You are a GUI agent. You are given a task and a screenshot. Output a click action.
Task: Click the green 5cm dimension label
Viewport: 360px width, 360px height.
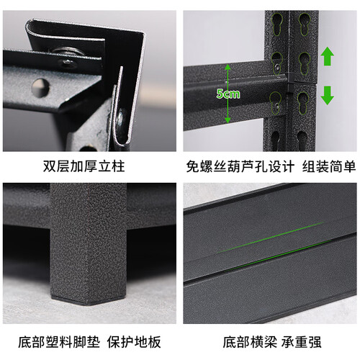coord(228,94)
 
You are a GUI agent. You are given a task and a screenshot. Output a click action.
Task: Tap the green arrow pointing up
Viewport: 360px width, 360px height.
coord(328,56)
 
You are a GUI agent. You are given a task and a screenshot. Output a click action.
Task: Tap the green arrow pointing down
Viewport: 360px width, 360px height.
coord(328,95)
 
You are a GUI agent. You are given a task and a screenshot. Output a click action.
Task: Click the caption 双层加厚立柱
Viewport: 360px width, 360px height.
coord(84,166)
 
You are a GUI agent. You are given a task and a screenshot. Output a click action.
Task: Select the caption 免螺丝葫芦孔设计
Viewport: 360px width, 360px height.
coord(240,166)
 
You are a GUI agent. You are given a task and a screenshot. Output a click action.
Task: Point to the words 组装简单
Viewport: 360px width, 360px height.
coord(329,166)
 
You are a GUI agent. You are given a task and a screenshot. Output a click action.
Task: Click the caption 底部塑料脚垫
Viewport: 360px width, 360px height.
coord(59,342)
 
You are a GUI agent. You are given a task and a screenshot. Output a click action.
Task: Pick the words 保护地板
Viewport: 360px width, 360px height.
coord(134,342)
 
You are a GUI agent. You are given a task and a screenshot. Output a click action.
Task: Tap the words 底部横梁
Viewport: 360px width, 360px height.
coord(250,342)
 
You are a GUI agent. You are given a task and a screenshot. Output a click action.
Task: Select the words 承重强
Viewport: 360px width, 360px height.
coord(301,342)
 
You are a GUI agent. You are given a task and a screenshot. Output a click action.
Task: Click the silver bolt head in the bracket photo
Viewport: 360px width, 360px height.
coord(66,59)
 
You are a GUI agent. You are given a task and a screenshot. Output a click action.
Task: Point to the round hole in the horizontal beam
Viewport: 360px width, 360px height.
coord(40,87)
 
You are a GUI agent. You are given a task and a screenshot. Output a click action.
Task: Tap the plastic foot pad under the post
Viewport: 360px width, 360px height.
coord(89,301)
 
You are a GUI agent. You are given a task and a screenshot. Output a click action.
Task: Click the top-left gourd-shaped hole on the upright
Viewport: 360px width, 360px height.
coord(278,24)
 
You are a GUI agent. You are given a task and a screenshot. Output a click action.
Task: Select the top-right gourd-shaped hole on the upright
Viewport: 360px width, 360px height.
coord(305,24)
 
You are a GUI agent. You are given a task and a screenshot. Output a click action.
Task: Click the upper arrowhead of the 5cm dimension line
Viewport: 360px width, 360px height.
coord(228,67)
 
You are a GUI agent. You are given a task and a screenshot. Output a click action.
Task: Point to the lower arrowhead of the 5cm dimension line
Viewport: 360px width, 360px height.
coord(228,120)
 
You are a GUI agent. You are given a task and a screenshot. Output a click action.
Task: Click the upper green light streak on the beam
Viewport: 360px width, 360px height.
coord(271,238)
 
